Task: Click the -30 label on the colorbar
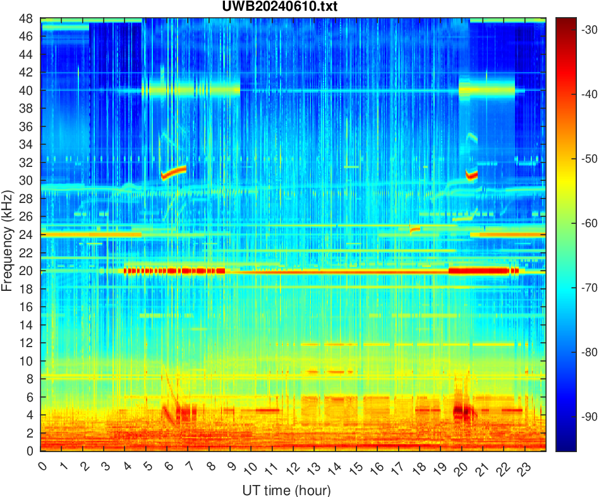[x=579, y=30]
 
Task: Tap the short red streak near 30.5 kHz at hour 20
[x=471, y=175]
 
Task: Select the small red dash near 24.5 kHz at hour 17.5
[x=415, y=228]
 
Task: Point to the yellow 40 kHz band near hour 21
[x=487, y=90]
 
